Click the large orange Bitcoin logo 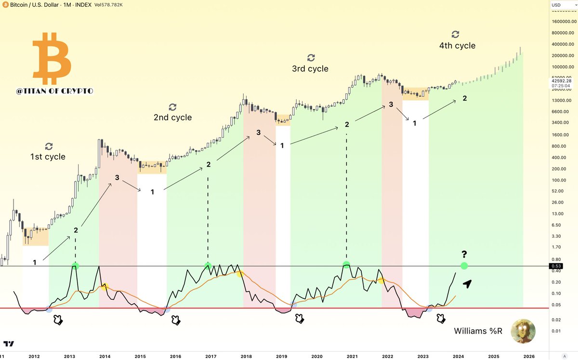52,58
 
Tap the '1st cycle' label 48,156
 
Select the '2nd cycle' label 172,117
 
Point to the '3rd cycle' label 310,69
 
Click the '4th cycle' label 457,46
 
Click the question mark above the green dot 464,255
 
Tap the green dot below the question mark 464,266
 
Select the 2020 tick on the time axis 317,356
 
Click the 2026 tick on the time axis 529,356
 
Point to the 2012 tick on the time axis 34,356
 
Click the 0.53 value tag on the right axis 557,266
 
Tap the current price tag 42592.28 562,81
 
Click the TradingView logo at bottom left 9,344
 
